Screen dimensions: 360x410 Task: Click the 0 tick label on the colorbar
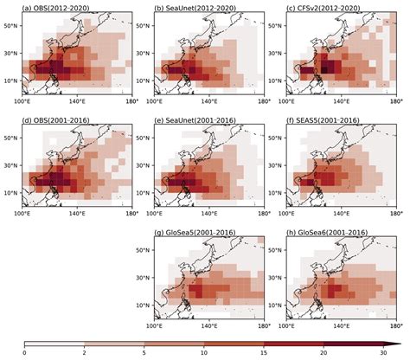[x=24, y=354]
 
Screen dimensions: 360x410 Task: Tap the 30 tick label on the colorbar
[x=382, y=354]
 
